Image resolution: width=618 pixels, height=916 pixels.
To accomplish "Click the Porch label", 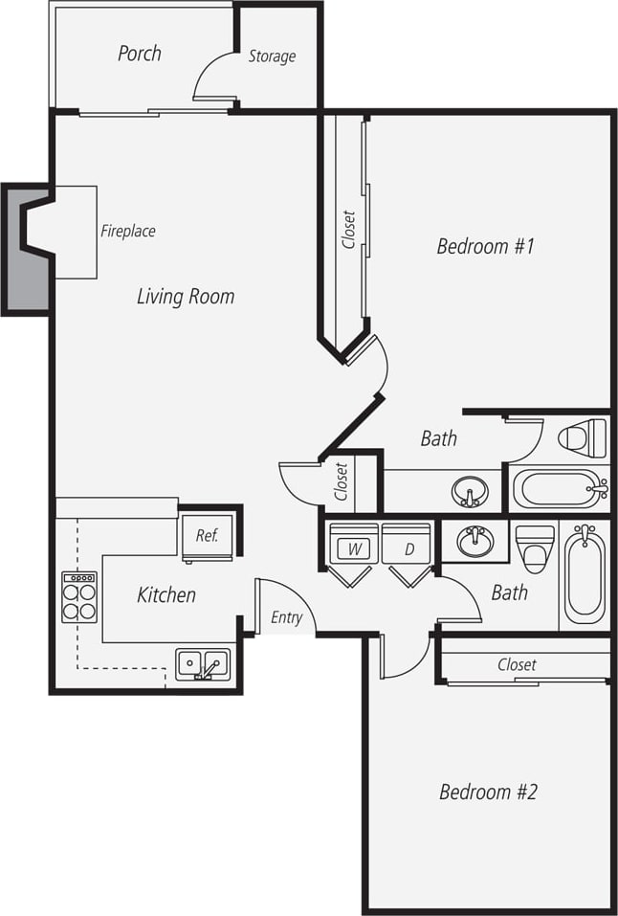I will [139, 54].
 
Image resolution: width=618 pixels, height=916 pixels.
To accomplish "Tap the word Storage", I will [272, 56].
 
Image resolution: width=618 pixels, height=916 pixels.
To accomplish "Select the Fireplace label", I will [128, 231].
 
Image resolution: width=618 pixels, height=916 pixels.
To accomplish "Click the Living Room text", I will [185, 297].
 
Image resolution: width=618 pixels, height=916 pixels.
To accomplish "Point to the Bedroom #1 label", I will [484, 247].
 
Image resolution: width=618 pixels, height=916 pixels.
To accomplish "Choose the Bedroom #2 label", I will [488, 793].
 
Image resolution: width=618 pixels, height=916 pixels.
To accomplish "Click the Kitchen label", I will [166, 595].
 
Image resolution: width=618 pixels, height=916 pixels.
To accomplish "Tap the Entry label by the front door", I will [286, 617].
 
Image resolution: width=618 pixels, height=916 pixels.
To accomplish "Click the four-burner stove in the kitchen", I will [79, 597].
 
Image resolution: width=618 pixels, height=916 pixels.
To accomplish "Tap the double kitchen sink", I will [202, 662].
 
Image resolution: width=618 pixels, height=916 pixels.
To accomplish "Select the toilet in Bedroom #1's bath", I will [584, 438].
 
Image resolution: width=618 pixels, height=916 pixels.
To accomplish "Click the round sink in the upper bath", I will [469, 492].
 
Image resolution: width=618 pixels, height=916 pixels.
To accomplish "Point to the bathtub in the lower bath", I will [584, 574].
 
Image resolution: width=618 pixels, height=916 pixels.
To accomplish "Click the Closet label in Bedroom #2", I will [517, 665].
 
